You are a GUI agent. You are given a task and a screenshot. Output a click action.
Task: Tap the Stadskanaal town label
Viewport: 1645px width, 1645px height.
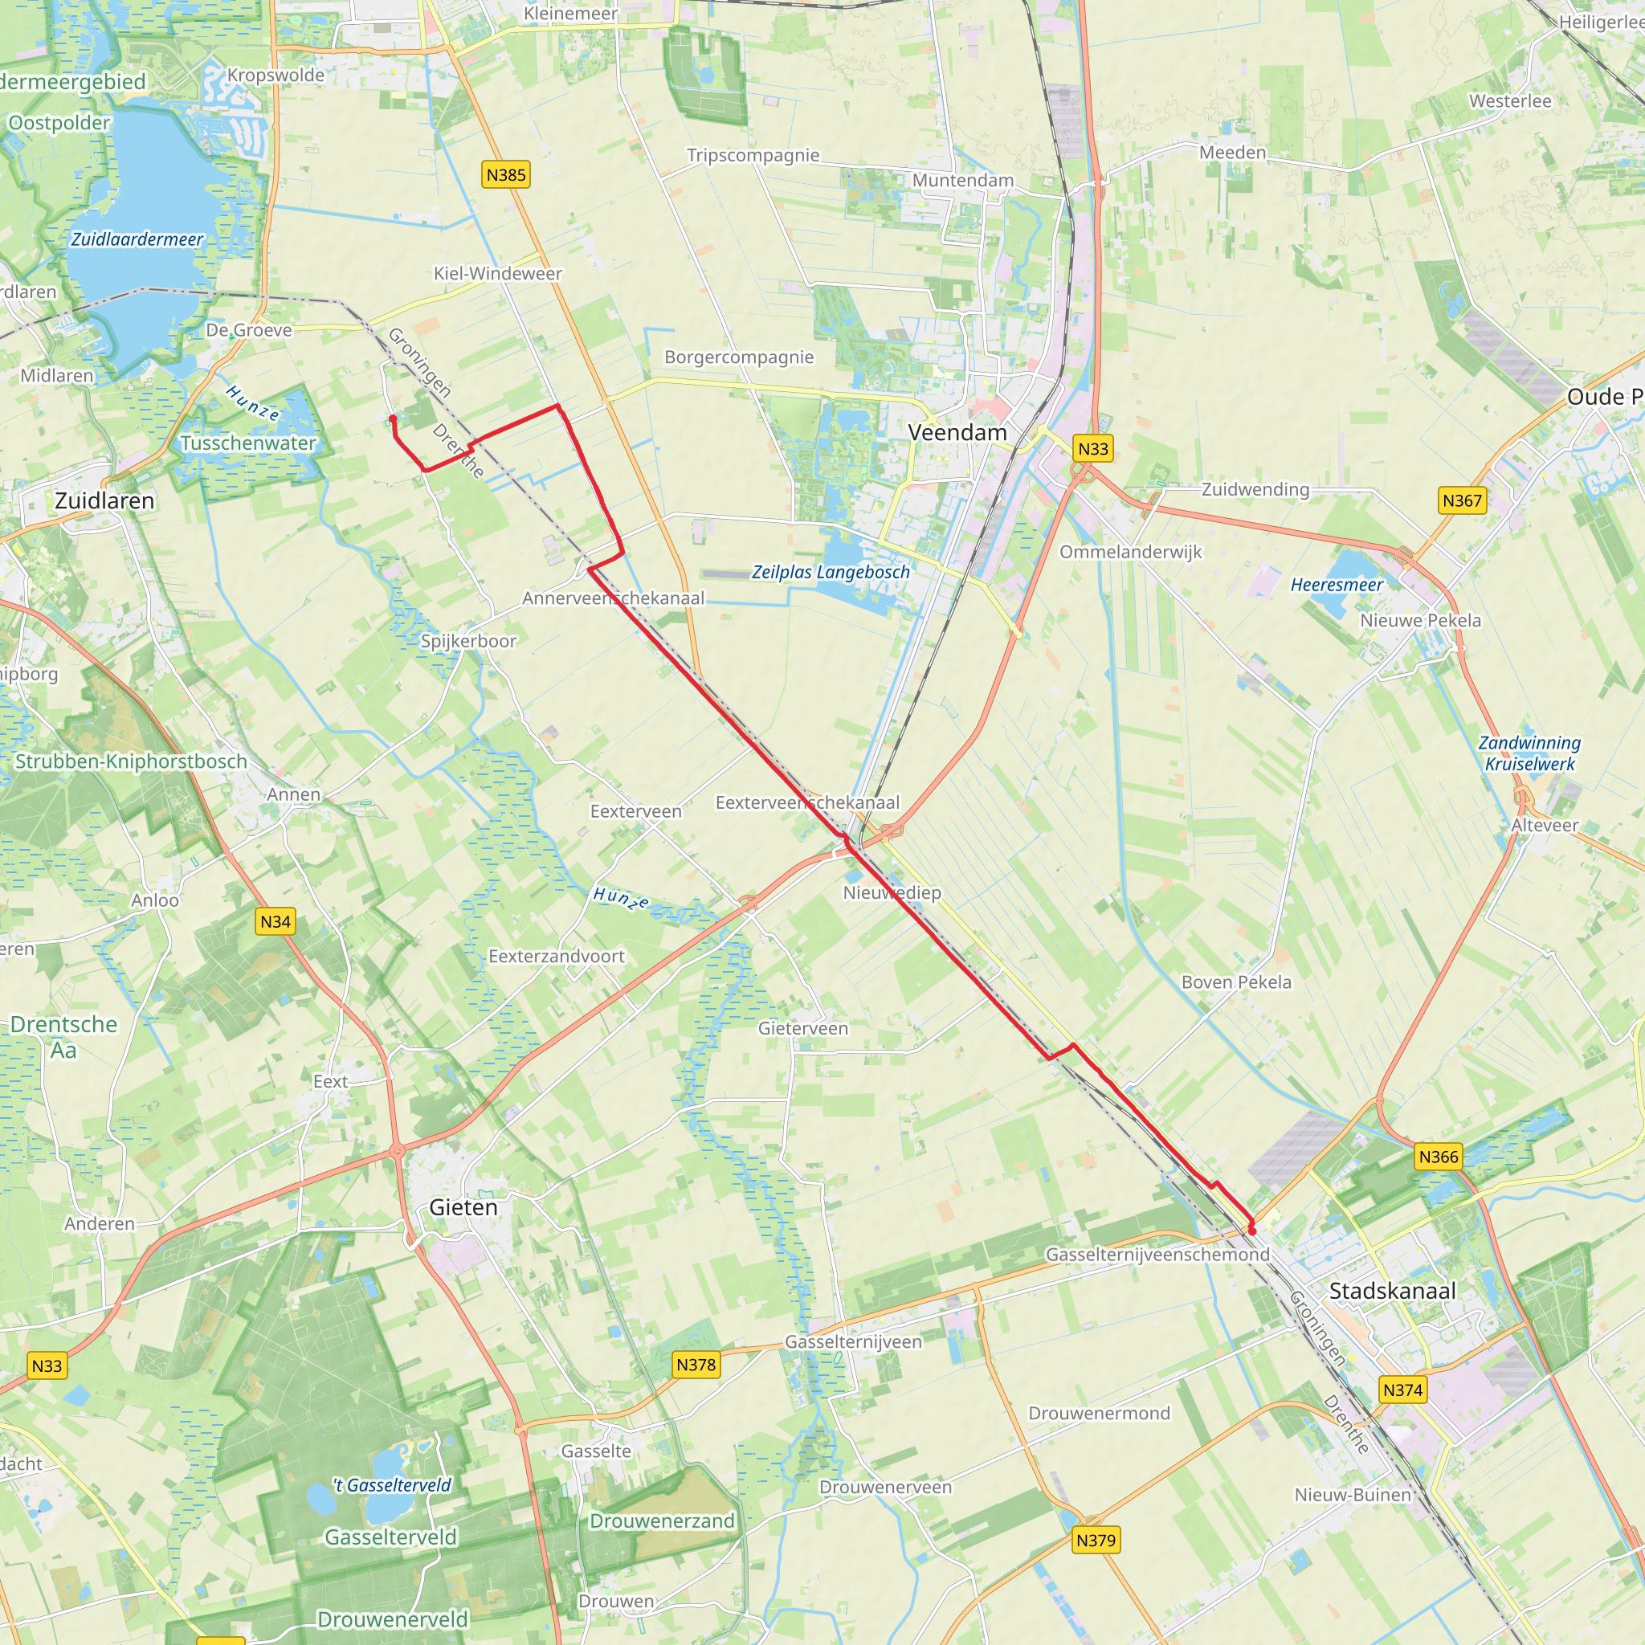(x=1392, y=1291)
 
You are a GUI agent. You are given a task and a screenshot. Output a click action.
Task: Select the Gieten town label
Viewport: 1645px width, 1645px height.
(x=463, y=1206)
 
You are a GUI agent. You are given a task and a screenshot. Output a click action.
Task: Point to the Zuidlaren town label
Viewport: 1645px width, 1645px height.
(x=104, y=500)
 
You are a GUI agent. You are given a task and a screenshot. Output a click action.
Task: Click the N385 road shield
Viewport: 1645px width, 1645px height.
(x=506, y=174)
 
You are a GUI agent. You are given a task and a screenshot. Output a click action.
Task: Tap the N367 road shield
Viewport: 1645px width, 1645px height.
(x=1462, y=500)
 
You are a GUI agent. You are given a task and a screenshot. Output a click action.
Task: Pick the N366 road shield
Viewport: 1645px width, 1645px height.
(x=1438, y=1157)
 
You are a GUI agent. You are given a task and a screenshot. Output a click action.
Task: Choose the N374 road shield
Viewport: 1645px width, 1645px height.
(x=1402, y=1390)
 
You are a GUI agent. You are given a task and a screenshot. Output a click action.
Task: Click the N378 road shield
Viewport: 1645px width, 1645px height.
(x=696, y=1364)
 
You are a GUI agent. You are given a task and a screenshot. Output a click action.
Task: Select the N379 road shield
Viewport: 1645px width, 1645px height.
(x=1095, y=1540)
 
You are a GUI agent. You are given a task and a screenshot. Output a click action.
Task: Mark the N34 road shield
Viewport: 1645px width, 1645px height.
(x=275, y=921)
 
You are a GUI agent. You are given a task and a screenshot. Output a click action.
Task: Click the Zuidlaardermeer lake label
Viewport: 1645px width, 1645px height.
(x=137, y=239)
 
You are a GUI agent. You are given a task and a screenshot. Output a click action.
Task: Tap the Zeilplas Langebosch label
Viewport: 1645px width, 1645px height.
(x=831, y=572)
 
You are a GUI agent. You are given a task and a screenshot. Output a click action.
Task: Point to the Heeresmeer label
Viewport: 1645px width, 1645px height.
(x=1336, y=585)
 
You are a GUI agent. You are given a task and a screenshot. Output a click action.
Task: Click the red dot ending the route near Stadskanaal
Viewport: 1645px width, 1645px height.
(x=1251, y=1231)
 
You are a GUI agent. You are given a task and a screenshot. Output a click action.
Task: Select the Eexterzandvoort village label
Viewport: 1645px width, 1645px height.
(x=556, y=956)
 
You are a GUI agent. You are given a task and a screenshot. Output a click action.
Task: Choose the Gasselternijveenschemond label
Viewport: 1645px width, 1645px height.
(x=1157, y=1254)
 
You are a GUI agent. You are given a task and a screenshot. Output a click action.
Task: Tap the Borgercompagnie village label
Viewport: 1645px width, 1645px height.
(x=739, y=357)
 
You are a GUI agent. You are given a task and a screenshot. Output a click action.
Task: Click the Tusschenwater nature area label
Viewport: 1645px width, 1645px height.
(x=247, y=443)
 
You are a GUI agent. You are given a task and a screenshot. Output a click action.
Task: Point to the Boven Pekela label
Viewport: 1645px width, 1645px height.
(x=1235, y=982)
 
